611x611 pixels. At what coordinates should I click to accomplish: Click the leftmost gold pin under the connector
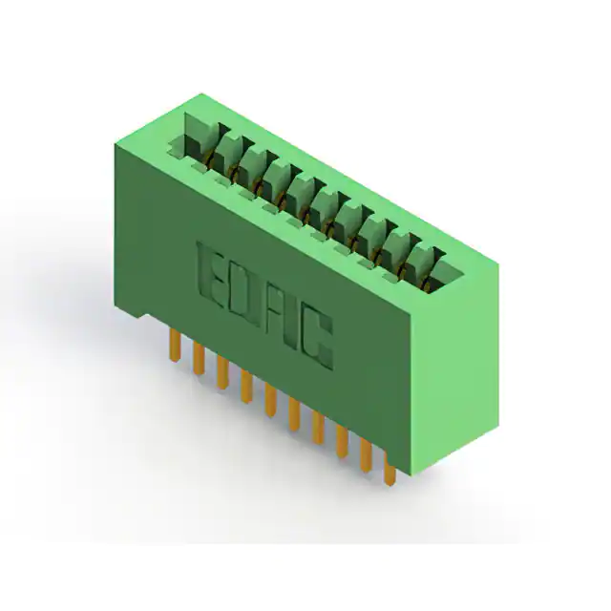click(x=175, y=345)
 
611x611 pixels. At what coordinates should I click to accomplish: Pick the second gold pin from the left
click(x=199, y=358)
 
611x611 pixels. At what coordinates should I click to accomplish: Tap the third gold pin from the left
click(x=222, y=372)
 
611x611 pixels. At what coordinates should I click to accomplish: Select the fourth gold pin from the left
click(x=246, y=386)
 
